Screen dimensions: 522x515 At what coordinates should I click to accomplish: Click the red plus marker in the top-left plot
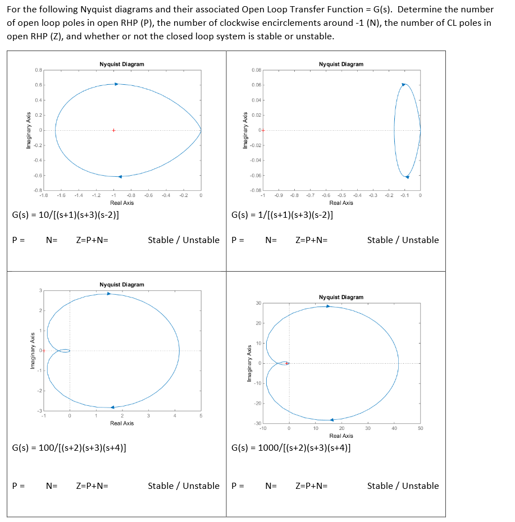(113, 130)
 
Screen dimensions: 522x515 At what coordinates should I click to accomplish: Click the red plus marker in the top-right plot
(262, 130)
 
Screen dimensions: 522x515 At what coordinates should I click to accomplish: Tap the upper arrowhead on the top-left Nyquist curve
(116, 84)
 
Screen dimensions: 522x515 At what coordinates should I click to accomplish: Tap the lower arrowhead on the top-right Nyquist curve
(407, 177)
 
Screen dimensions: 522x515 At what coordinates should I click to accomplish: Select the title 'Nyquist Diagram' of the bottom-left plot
(121, 285)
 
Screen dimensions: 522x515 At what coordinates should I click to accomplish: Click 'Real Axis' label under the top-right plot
(341, 203)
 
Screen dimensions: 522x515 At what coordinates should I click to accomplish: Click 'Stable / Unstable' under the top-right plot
(403, 240)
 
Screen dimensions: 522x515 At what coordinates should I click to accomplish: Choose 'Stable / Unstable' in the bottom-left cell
(184, 486)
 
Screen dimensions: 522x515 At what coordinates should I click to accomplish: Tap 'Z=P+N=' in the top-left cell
(92, 240)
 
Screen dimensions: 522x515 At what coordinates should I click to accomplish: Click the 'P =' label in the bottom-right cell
(238, 486)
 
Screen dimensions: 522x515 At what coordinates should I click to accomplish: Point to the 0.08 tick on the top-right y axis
(256, 70)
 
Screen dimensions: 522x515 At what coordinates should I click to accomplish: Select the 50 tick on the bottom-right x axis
(420, 428)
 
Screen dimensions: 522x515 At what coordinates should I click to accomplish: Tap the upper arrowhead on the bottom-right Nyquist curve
(329, 306)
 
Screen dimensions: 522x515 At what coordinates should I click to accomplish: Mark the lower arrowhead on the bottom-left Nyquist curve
(112, 407)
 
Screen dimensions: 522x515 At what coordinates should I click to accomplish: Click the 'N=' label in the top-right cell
(271, 240)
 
